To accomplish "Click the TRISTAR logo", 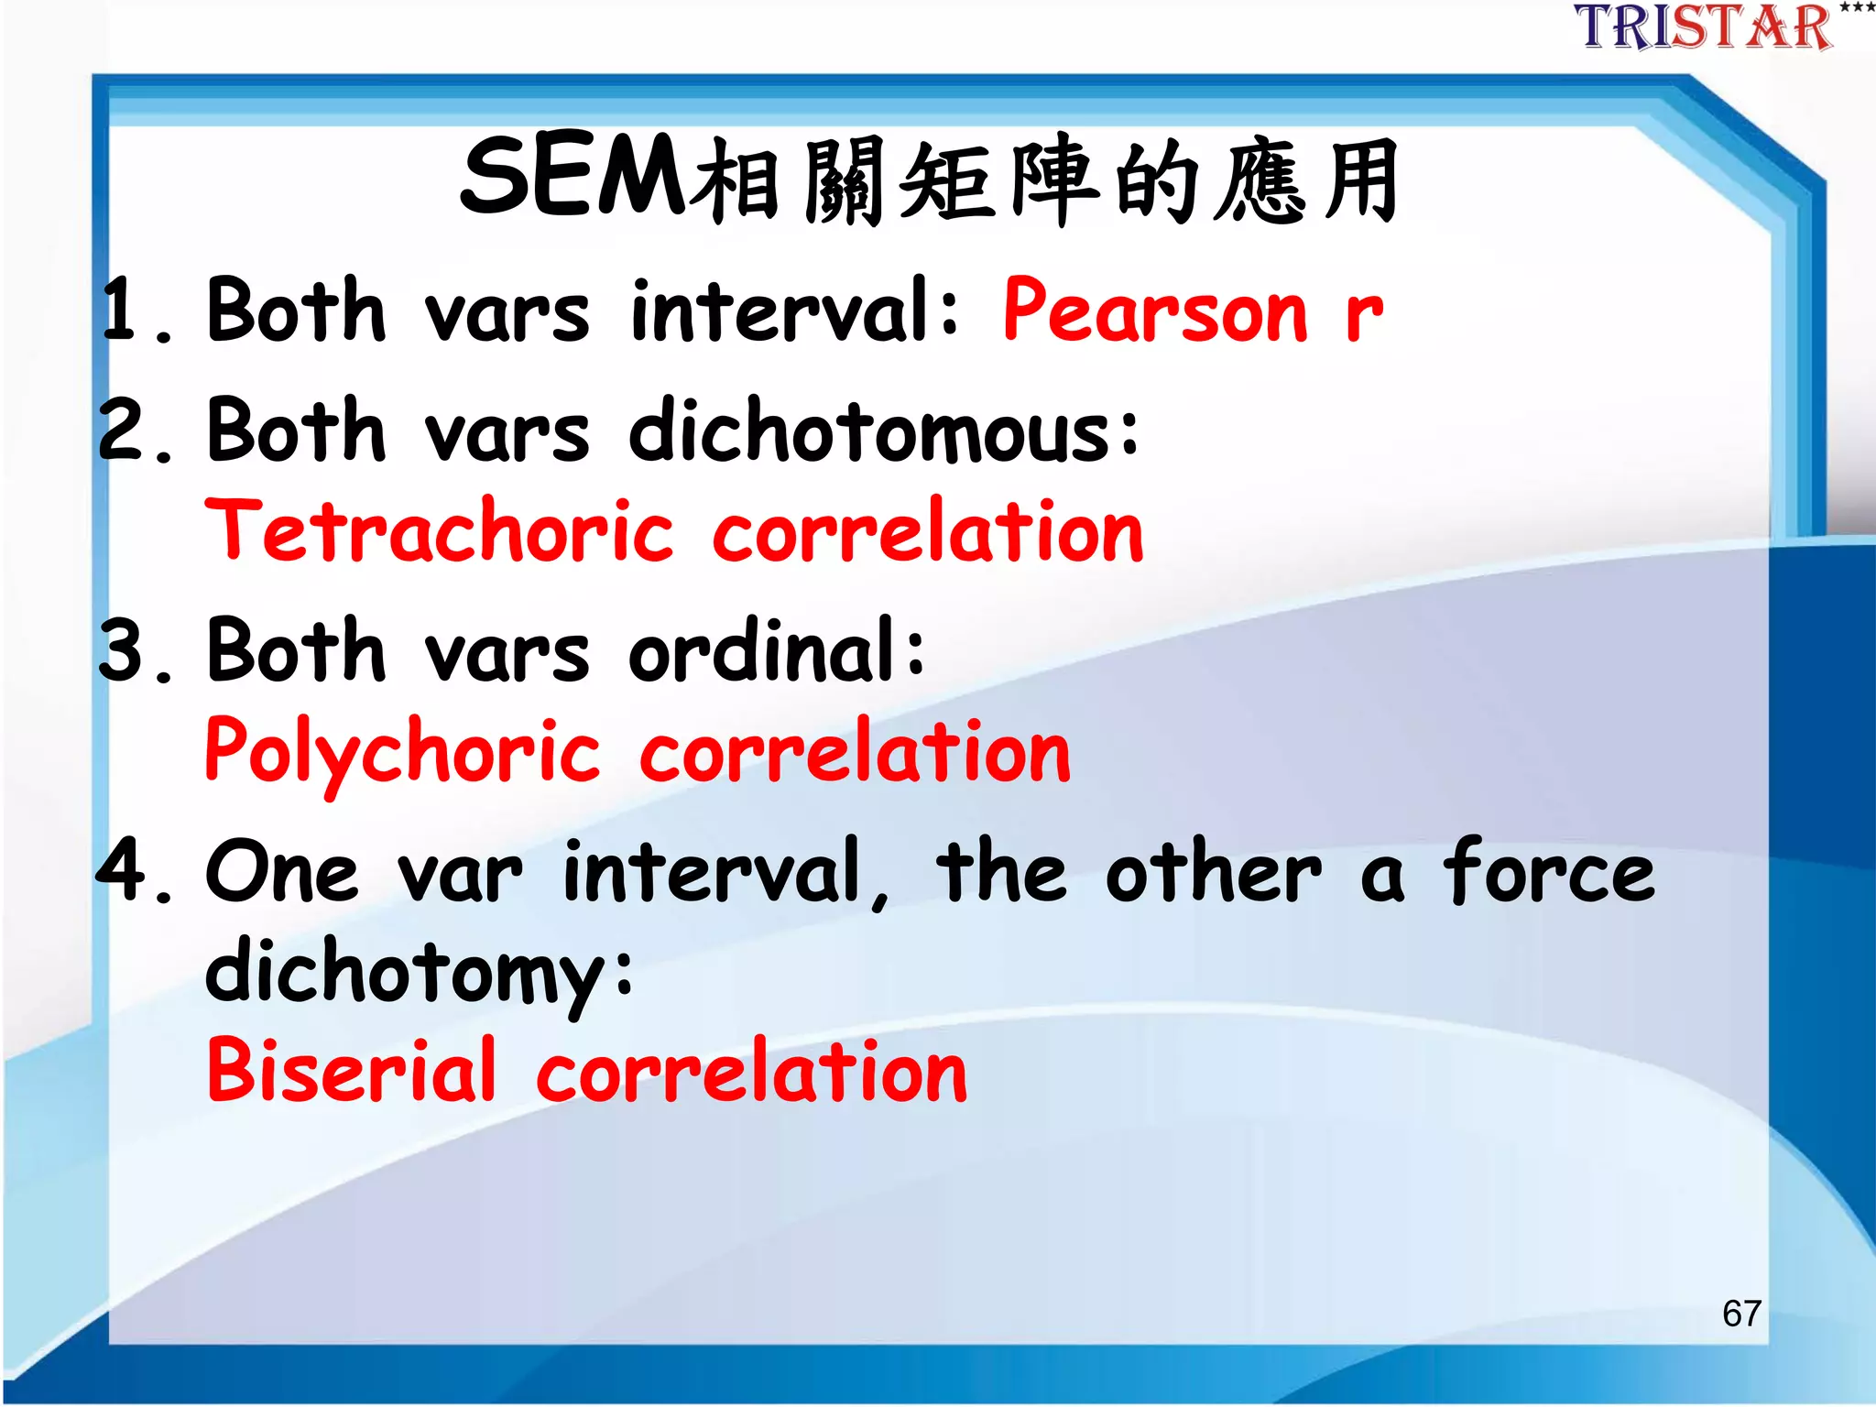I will point(1704,27).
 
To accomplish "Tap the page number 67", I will point(1741,1313).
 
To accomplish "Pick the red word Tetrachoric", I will point(440,531).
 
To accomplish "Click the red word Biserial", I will point(352,1070).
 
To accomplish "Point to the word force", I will point(1549,870).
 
